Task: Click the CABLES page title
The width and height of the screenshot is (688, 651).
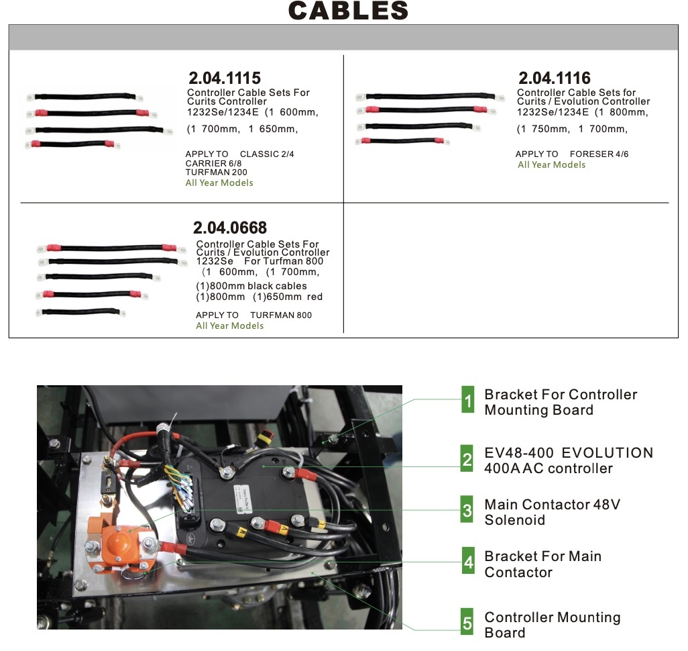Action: click(x=348, y=11)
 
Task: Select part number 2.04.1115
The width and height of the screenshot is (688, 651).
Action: click(x=224, y=78)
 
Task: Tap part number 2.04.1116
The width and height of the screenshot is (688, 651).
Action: click(x=554, y=78)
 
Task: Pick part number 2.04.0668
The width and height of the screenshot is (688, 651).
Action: click(x=230, y=228)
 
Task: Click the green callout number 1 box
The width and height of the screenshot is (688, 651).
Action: click(x=467, y=401)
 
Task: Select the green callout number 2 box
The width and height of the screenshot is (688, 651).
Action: click(x=467, y=459)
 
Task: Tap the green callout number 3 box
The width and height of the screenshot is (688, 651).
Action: click(x=467, y=511)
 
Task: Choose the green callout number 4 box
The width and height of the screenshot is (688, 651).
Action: click(x=467, y=562)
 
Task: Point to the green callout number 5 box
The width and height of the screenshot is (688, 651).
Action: click(x=467, y=623)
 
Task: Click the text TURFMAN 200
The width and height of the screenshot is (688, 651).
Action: click(x=216, y=172)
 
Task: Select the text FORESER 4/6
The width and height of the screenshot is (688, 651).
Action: click(x=599, y=154)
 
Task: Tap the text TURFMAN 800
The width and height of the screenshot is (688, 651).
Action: click(x=280, y=315)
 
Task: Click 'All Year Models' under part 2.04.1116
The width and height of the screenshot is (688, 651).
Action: click(x=551, y=165)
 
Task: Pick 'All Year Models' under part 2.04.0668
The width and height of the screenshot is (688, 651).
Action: click(x=229, y=326)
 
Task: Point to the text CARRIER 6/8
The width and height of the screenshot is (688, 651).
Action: click(x=213, y=163)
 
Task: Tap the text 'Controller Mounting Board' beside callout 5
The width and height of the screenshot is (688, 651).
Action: click(x=552, y=625)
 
